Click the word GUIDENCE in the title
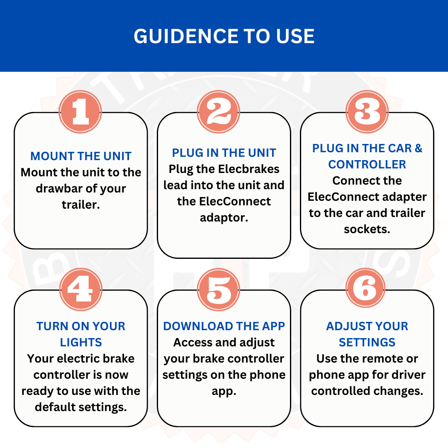coord(186,36)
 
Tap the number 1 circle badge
coord(80,112)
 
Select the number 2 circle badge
coord(219,112)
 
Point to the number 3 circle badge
coord(367,112)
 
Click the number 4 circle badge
coord(81,290)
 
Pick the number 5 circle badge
coord(219,290)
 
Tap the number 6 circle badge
coord(365,288)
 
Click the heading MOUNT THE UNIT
coord(81,156)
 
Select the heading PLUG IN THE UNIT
coord(224,153)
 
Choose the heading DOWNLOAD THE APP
coord(224,326)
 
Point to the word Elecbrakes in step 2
coord(248,169)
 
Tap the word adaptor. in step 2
coord(224,218)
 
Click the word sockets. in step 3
coord(367,229)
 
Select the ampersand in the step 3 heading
coord(418,148)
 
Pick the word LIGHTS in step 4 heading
coord(81,342)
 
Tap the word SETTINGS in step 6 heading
coord(367,342)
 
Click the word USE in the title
coord(295,36)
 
